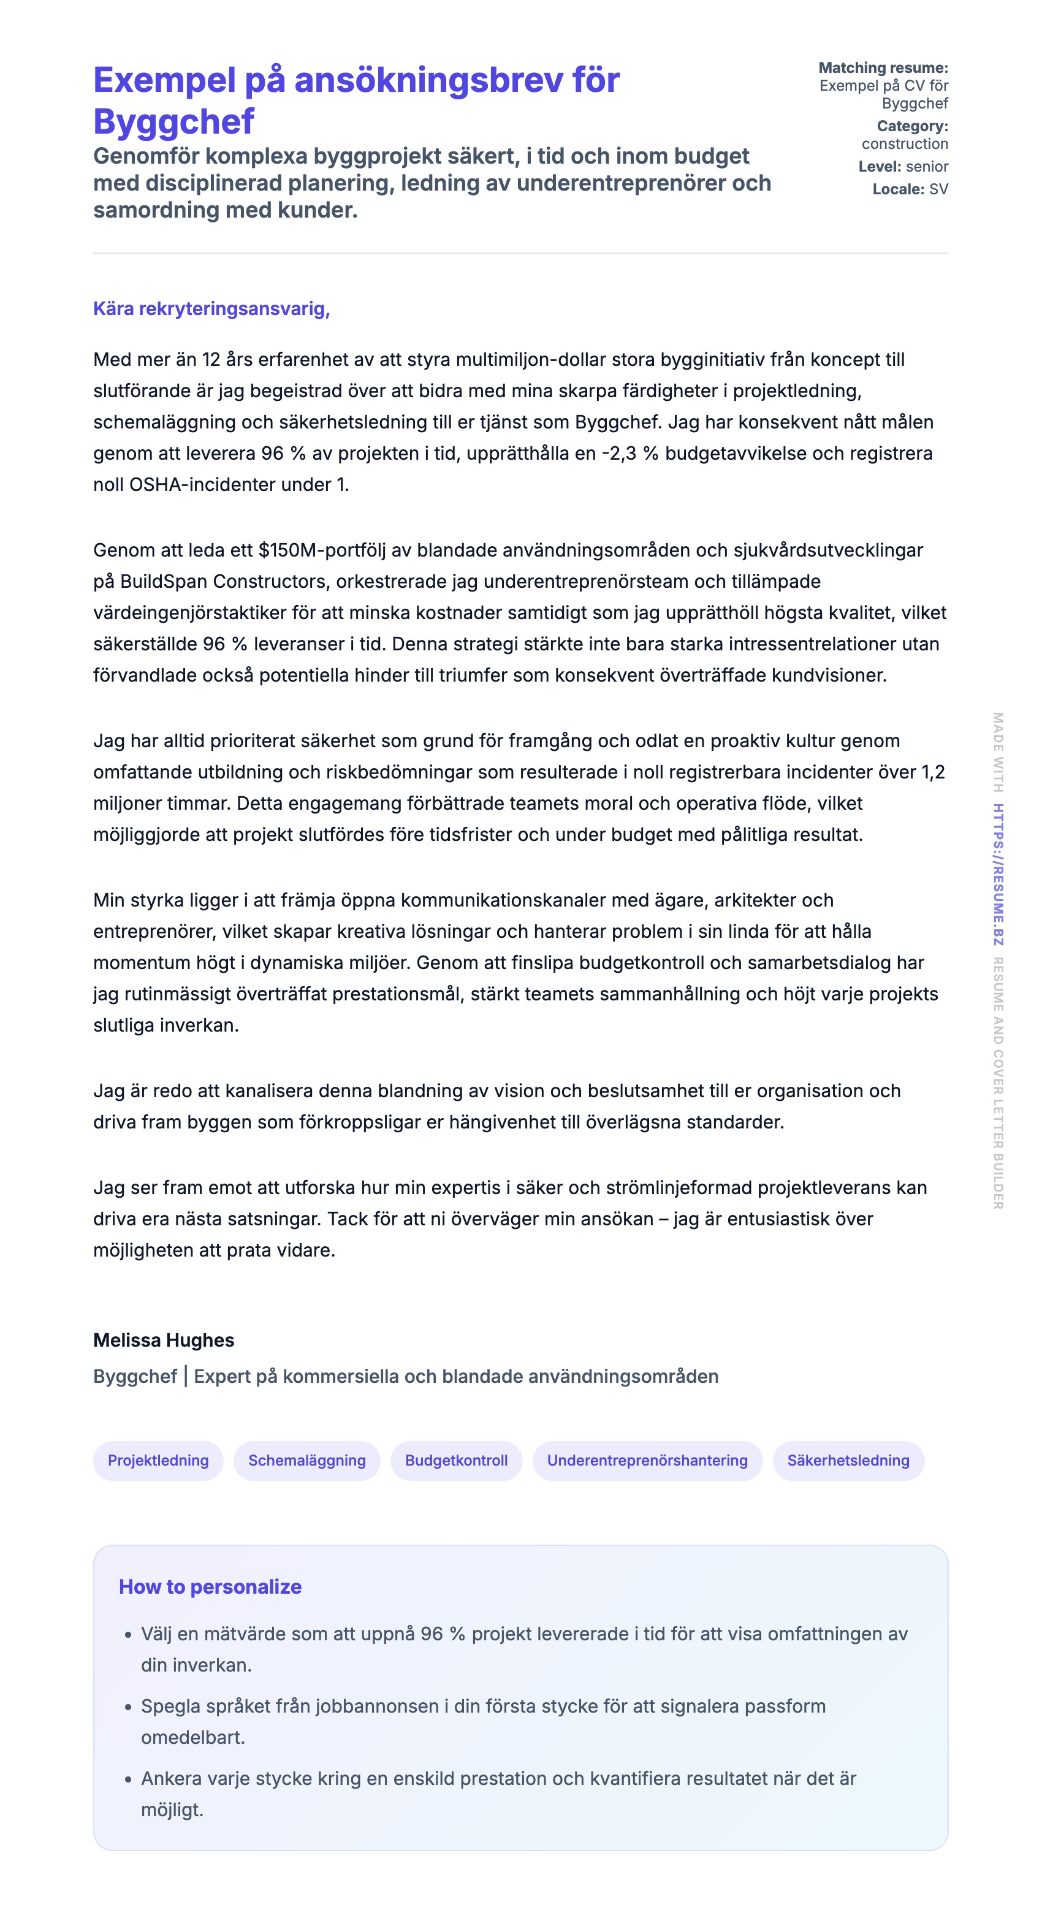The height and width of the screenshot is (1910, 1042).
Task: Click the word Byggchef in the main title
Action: pos(173,121)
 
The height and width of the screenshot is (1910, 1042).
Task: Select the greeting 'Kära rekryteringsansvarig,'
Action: pos(211,308)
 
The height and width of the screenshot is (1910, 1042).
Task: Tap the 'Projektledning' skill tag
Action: pos(158,1460)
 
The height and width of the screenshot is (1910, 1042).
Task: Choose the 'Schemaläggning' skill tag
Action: pos(307,1460)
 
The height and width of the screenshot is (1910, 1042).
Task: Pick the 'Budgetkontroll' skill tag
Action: pos(456,1460)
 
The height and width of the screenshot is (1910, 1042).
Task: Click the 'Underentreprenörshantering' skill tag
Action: pos(647,1460)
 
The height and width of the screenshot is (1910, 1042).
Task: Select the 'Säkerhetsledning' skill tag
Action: pos(848,1460)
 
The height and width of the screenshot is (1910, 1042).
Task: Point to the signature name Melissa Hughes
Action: pos(164,1340)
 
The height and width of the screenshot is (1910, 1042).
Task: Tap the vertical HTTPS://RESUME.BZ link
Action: pos(998,874)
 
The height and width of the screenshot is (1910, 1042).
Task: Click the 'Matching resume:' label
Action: pos(883,67)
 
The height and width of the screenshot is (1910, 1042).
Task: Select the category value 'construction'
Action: pos(904,144)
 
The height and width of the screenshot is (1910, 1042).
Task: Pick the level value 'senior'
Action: pos(926,166)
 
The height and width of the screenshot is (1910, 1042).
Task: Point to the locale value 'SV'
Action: pos(938,189)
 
